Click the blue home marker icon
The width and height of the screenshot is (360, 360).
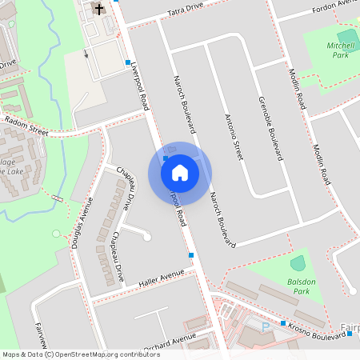pyautogui.click(x=180, y=172)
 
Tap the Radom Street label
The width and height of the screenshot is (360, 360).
pyautogui.click(x=26, y=125)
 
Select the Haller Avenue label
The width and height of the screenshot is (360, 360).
pyautogui.click(x=161, y=278)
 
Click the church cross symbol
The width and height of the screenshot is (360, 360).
pyautogui.click(x=99, y=10)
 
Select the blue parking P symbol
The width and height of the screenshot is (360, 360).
pyautogui.click(x=266, y=327)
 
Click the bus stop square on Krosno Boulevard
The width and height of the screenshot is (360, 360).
pyautogui.click(x=283, y=323)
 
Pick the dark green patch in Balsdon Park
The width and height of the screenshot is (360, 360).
pyautogui.click(x=298, y=262)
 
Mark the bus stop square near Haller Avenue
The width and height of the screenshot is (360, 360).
pyautogui.click(x=191, y=254)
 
